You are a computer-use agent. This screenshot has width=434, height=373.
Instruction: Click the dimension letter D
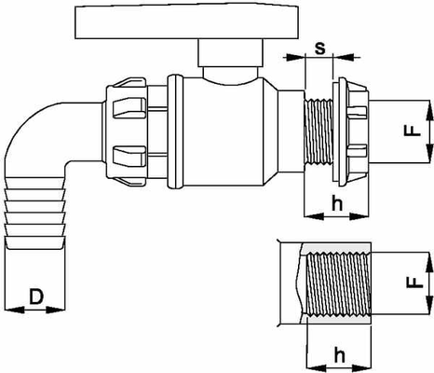coord(36,297)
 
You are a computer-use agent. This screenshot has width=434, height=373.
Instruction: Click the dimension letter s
coord(319,48)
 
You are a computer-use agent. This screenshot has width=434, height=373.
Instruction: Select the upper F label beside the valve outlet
coord(413,131)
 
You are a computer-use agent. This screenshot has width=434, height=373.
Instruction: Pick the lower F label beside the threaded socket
coord(415,283)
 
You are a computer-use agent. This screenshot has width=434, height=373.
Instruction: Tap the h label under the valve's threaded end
coord(337,203)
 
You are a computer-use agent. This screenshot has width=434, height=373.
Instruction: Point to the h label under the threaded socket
coord(340,355)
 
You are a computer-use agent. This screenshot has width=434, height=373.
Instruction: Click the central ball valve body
coord(223,132)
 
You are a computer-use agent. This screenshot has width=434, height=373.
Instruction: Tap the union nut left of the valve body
coord(126,132)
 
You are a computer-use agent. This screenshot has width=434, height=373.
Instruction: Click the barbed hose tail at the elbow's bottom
coord(35,213)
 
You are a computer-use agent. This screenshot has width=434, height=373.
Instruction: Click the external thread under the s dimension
coord(319,131)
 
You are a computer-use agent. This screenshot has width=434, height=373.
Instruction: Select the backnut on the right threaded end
coord(351,131)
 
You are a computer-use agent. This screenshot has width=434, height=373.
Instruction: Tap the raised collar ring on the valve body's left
coord(175,131)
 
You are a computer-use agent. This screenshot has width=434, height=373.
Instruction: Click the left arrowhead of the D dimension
coord(14,310)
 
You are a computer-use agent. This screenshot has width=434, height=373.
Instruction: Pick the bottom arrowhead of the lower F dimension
coord(429,305)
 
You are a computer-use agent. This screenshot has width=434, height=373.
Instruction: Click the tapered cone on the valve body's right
coord(271,131)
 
